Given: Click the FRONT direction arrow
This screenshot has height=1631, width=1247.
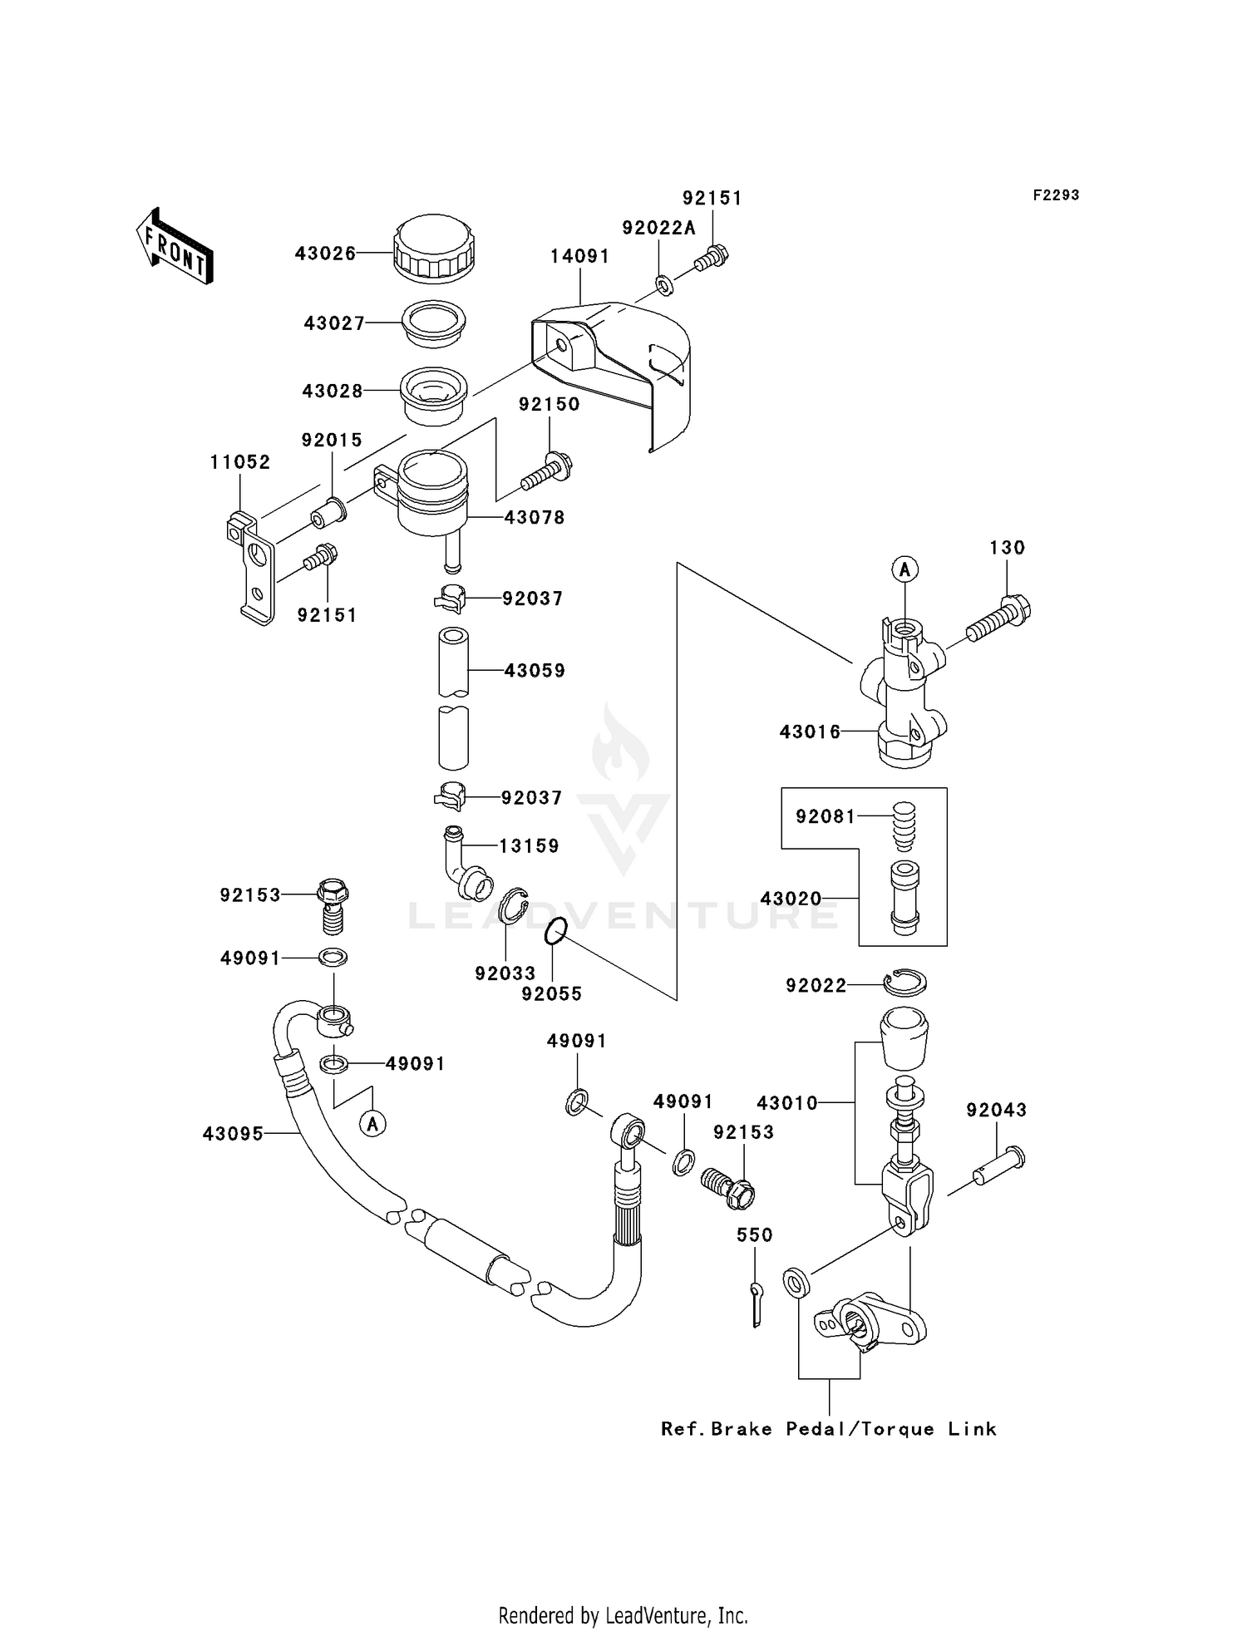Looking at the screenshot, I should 175,246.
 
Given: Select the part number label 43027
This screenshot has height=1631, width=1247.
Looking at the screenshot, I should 334,323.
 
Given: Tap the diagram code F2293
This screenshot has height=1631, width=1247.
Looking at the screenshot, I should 1056,195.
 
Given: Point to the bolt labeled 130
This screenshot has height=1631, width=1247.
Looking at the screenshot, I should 998,620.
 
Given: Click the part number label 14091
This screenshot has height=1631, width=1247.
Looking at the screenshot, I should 579,257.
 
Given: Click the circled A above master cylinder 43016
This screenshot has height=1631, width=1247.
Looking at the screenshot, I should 904,569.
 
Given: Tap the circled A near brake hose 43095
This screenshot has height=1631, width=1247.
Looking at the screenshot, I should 373,1124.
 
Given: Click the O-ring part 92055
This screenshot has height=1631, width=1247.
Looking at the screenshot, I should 556,932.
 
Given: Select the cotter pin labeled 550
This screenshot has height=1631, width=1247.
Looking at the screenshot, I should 756,1303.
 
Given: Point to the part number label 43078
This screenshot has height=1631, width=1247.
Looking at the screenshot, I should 535,518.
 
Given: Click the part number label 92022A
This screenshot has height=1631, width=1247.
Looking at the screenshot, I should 659,229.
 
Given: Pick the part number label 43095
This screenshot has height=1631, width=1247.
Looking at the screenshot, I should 233,1134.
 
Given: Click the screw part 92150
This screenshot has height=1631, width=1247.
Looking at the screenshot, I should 546,471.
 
